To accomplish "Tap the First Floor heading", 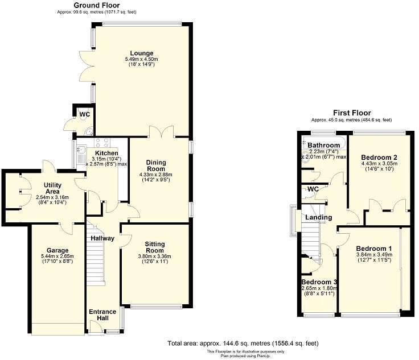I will pos(351,113).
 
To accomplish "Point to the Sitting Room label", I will pos(155,248).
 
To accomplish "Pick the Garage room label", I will pos(57,250).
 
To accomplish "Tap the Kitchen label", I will pos(106,153).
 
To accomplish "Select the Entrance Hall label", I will pos(102,315).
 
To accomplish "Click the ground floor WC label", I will pos(84,114).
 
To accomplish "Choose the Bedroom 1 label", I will pos(373,249).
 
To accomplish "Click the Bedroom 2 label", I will pos(379,157).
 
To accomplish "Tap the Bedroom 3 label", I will pos(319,283).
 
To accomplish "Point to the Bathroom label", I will pos(324,145).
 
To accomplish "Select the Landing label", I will pos(318,218).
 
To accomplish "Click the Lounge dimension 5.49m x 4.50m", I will pos(139,59).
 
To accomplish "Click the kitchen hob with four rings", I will pos(102,142).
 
